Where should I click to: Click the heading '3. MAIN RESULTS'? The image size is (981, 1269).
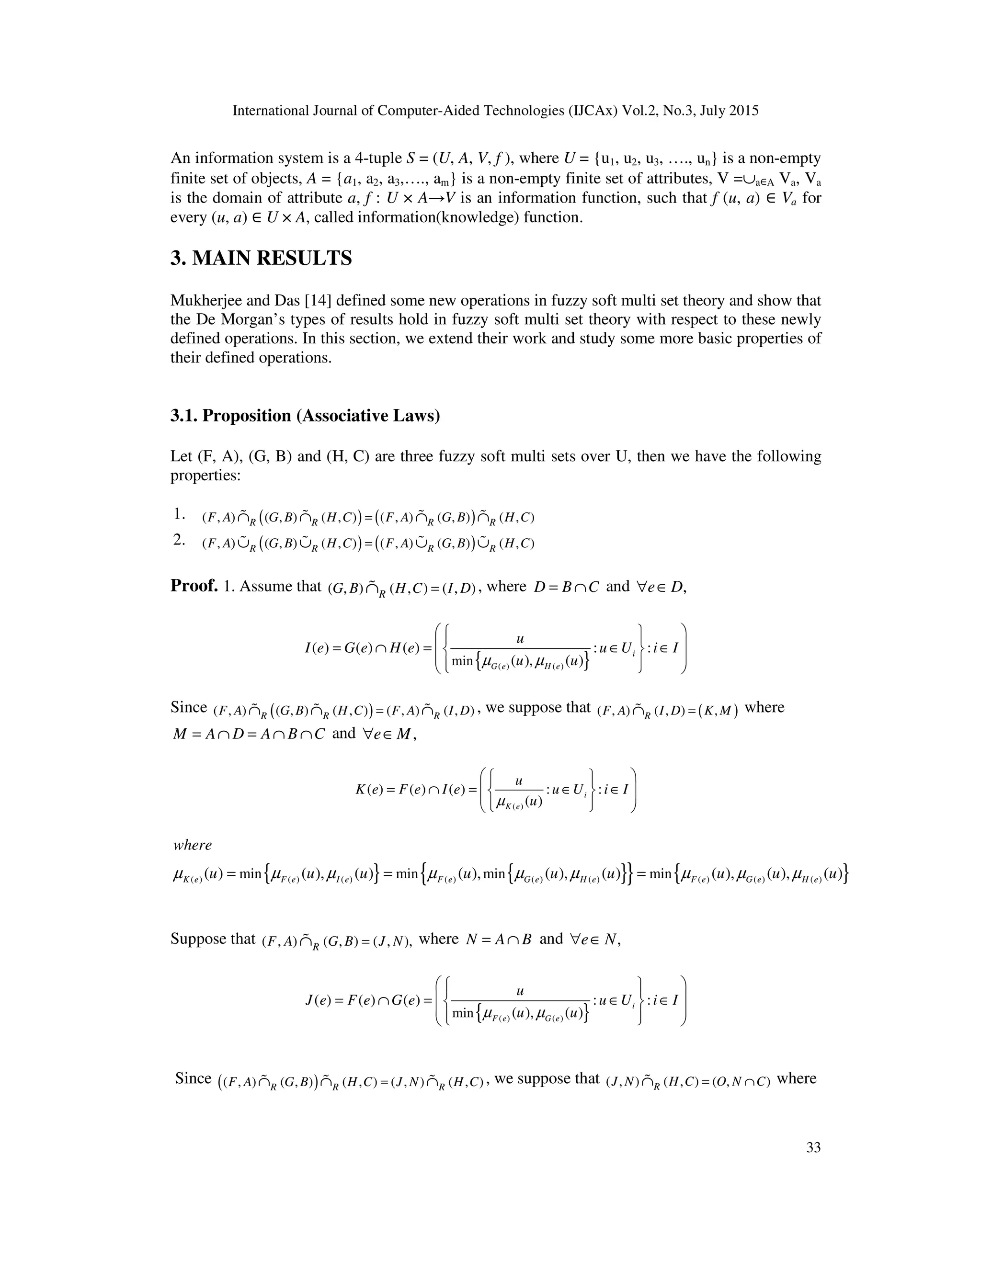(x=261, y=258)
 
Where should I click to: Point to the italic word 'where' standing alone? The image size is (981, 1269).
(x=193, y=845)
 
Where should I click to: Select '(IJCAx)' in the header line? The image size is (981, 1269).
(x=592, y=111)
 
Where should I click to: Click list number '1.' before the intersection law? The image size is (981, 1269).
(x=179, y=514)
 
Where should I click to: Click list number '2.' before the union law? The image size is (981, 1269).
(x=179, y=540)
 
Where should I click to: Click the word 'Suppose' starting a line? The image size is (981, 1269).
(x=195, y=939)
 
